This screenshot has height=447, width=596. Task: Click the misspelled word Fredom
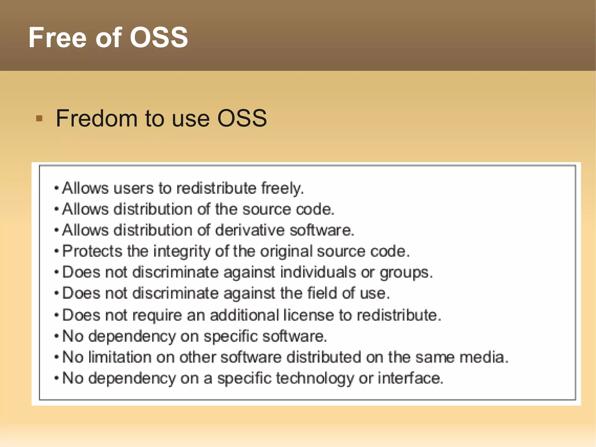tap(96, 118)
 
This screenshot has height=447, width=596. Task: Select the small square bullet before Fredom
tap(39, 119)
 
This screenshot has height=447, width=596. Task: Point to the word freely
tap(282, 188)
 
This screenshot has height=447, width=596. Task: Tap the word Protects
tap(92, 251)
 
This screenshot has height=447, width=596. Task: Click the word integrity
tap(182, 252)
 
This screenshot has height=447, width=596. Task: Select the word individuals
tap(318, 272)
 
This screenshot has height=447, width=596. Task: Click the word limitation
tap(120, 357)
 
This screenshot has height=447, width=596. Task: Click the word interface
tap(410, 378)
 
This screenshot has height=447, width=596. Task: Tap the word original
tap(286, 252)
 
